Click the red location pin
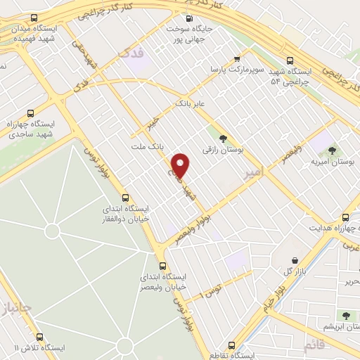181,165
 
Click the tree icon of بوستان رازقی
224,138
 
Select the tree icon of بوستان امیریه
332,150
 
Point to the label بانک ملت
147,146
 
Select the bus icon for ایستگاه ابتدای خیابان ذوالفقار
126,198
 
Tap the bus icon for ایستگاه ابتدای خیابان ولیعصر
163,265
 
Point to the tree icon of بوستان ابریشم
345,314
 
